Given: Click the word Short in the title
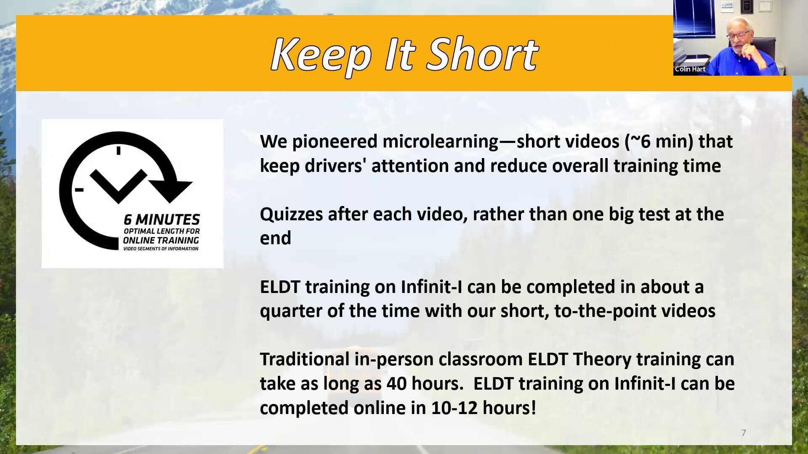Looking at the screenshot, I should [482, 55].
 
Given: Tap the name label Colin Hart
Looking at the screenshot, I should [690, 69].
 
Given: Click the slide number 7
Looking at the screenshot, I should [744, 433].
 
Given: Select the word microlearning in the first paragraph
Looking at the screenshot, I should [440, 142].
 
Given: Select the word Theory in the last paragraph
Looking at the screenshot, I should [602, 359].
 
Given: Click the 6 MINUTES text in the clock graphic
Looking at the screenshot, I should [162, 219].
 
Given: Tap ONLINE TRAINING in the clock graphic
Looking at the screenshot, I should [161, 240].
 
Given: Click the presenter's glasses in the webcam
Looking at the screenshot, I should [739, 35].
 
